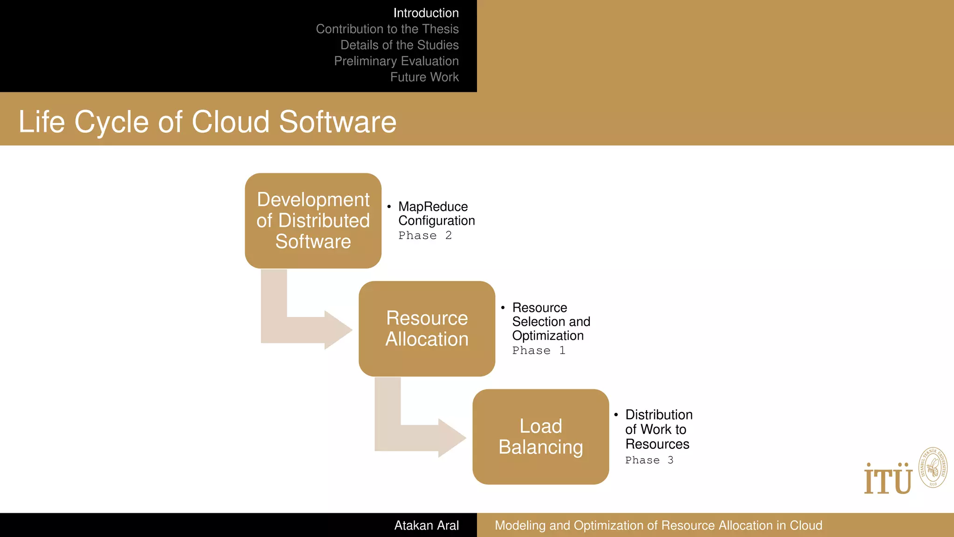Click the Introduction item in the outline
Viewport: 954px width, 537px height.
pos(426,13)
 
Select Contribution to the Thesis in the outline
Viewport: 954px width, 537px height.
pos(387,29)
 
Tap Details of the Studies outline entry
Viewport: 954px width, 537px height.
pos(399,45)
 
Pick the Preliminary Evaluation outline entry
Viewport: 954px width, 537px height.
pos(396,61)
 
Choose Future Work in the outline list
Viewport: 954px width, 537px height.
pos(424,77)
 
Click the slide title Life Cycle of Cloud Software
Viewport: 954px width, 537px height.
pos(207,122)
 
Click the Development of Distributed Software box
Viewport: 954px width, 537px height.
pos(313,220)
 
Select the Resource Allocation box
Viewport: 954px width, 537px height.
pos(427,329)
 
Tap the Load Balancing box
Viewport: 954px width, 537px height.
pos(540,437)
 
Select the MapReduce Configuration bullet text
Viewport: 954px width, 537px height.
pos(436,213)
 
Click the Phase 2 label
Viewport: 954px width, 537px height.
pos(425,236)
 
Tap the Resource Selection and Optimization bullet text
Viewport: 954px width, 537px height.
pos(551,322)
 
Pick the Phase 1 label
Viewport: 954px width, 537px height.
pos(538,351)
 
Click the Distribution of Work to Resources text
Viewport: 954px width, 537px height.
pos(658,429)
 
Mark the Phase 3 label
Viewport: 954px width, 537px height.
pos(649,461)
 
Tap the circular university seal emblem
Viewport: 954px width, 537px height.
pos(933,468)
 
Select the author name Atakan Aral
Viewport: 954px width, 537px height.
pos(426,525)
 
